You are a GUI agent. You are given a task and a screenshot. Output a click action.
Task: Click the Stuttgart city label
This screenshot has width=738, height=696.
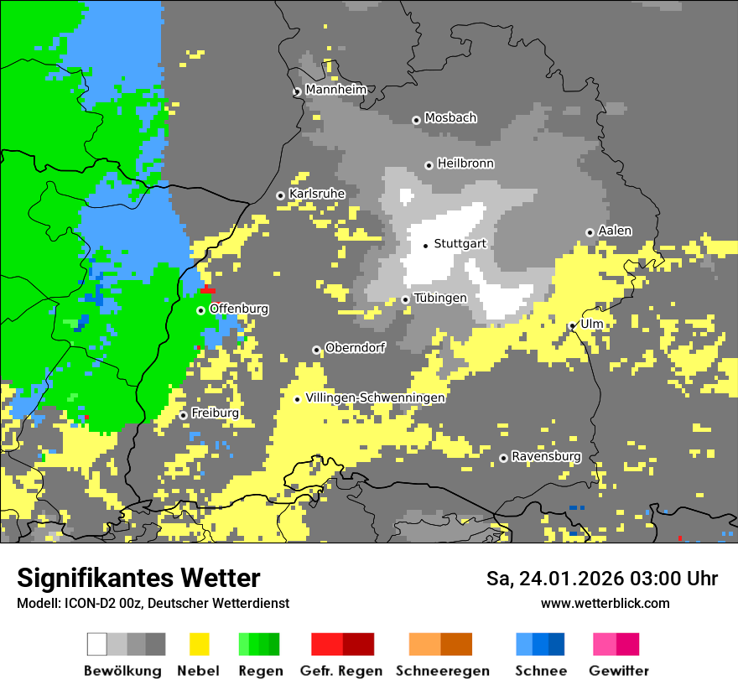(x=460, y=244)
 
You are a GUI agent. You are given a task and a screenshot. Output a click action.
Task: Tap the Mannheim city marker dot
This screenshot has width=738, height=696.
(x=297, y=92)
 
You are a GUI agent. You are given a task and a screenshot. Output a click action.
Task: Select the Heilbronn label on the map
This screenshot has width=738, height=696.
(x=465, y=164)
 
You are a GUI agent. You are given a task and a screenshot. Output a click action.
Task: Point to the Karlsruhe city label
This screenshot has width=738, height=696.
(x=317, y=194)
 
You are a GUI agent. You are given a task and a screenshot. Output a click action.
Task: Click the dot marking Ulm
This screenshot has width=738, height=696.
(x=573, y=326)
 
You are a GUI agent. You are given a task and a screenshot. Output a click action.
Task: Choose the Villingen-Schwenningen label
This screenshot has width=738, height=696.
(x=375, y=397)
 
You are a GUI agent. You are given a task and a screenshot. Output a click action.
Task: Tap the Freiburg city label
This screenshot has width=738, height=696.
(x=215, y=413)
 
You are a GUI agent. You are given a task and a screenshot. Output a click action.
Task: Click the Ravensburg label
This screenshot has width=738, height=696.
(x=546, y=456)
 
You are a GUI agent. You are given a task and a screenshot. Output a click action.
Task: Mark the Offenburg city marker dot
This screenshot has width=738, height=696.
(x=200, y=311)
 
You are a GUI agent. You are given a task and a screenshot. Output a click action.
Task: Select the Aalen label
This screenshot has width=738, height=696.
(x=615, y=231)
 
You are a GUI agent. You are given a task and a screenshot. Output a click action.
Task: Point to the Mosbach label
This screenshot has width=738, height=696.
(x=450, y=118)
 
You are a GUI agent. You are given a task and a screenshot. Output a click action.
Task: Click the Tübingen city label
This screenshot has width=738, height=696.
(x=440, y=298)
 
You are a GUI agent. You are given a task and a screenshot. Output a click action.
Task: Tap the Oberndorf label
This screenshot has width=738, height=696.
(x=355, y=348)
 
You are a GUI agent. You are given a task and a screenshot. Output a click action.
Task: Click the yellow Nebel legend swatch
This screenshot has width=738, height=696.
(x=199, y=644)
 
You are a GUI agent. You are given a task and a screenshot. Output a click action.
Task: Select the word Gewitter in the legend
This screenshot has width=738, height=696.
(x=618, y=671)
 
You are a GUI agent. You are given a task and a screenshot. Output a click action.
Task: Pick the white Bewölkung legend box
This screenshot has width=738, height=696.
(x=97, y=644)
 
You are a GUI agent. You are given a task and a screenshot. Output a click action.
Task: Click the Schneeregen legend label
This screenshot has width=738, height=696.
(x=442, y=671)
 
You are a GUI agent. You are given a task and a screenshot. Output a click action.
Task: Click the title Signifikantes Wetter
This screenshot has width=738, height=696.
(x=138, y=579)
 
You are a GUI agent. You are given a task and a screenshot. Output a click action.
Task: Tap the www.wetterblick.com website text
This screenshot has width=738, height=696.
(x=605, y=603)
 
